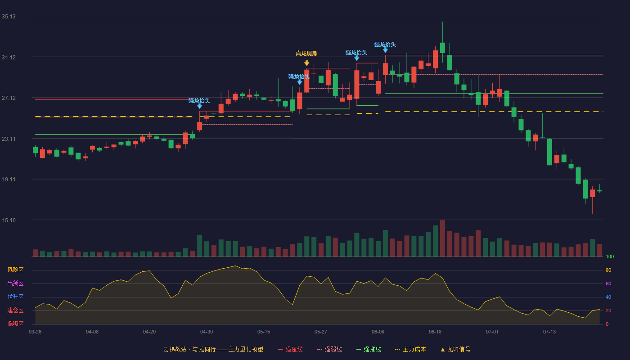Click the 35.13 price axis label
pos(9,17)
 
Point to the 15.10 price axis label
pos(9,220)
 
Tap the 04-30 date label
pos(207,332)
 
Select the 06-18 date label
pos(435,332)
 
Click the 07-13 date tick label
pos(549,332)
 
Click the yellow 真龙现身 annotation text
pos(306,54)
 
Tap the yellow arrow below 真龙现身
pos(306,63)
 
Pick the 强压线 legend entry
pos(290,349)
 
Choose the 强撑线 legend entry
pos(369,349)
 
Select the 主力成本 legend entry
pos(410,349)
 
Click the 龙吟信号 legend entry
pos(455,349)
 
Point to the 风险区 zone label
pos(15,270)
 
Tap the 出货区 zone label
pos(15,283)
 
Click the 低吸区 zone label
pos(15,324)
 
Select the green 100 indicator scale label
pos(610,256)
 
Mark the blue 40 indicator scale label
pos(608,297)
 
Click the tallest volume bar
pos(442,238)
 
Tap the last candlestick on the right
pos(599,191)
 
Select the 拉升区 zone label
pos(15,297)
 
